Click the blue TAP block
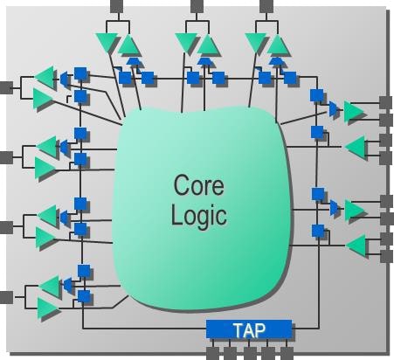[x=249, y=329]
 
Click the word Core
[x=199, y=185]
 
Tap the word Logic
[x=199, y=216]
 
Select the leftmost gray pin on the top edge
[x=117, y=6]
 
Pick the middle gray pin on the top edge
[x=197, y=6]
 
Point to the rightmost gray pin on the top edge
[x=266, y=6]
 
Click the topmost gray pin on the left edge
[x=6, y=87]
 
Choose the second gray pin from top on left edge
[x=6, y=157]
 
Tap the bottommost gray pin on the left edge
[x=6, y=297]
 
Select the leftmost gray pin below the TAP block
[x=212, y=353]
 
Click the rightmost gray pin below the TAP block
[x=287, y=353]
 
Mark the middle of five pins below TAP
[x=250, y=353]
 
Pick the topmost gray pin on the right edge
[x=386, y=102]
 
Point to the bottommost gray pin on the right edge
[x=387, y=256]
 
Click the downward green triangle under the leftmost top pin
[x=107, y=43]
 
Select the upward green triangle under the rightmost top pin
[x=278, y=45]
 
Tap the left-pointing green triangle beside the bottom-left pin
[x=49, y=286]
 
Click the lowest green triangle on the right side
[x=356, y=246]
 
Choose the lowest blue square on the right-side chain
[x=318, y=231]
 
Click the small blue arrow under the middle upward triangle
[x=205, y=61]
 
